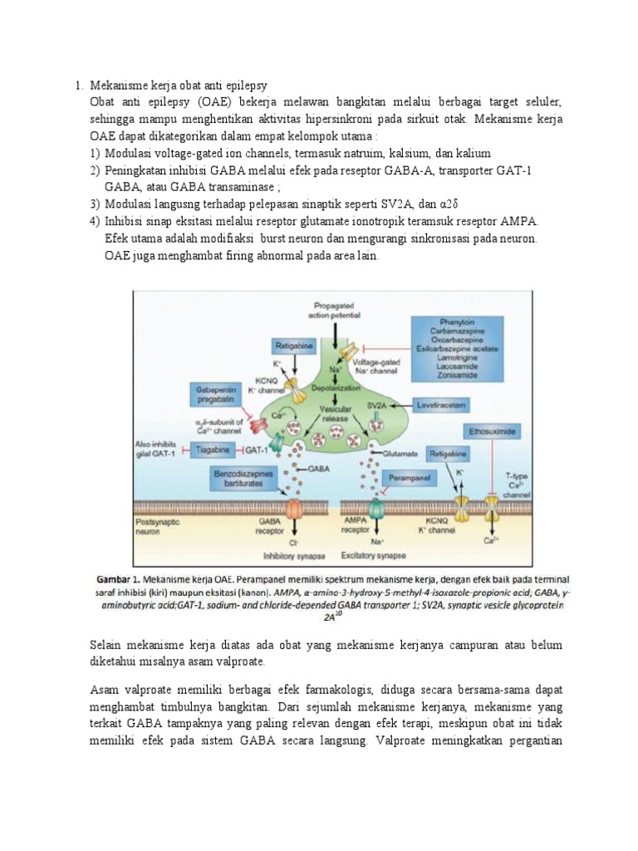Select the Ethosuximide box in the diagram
[494, 432]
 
